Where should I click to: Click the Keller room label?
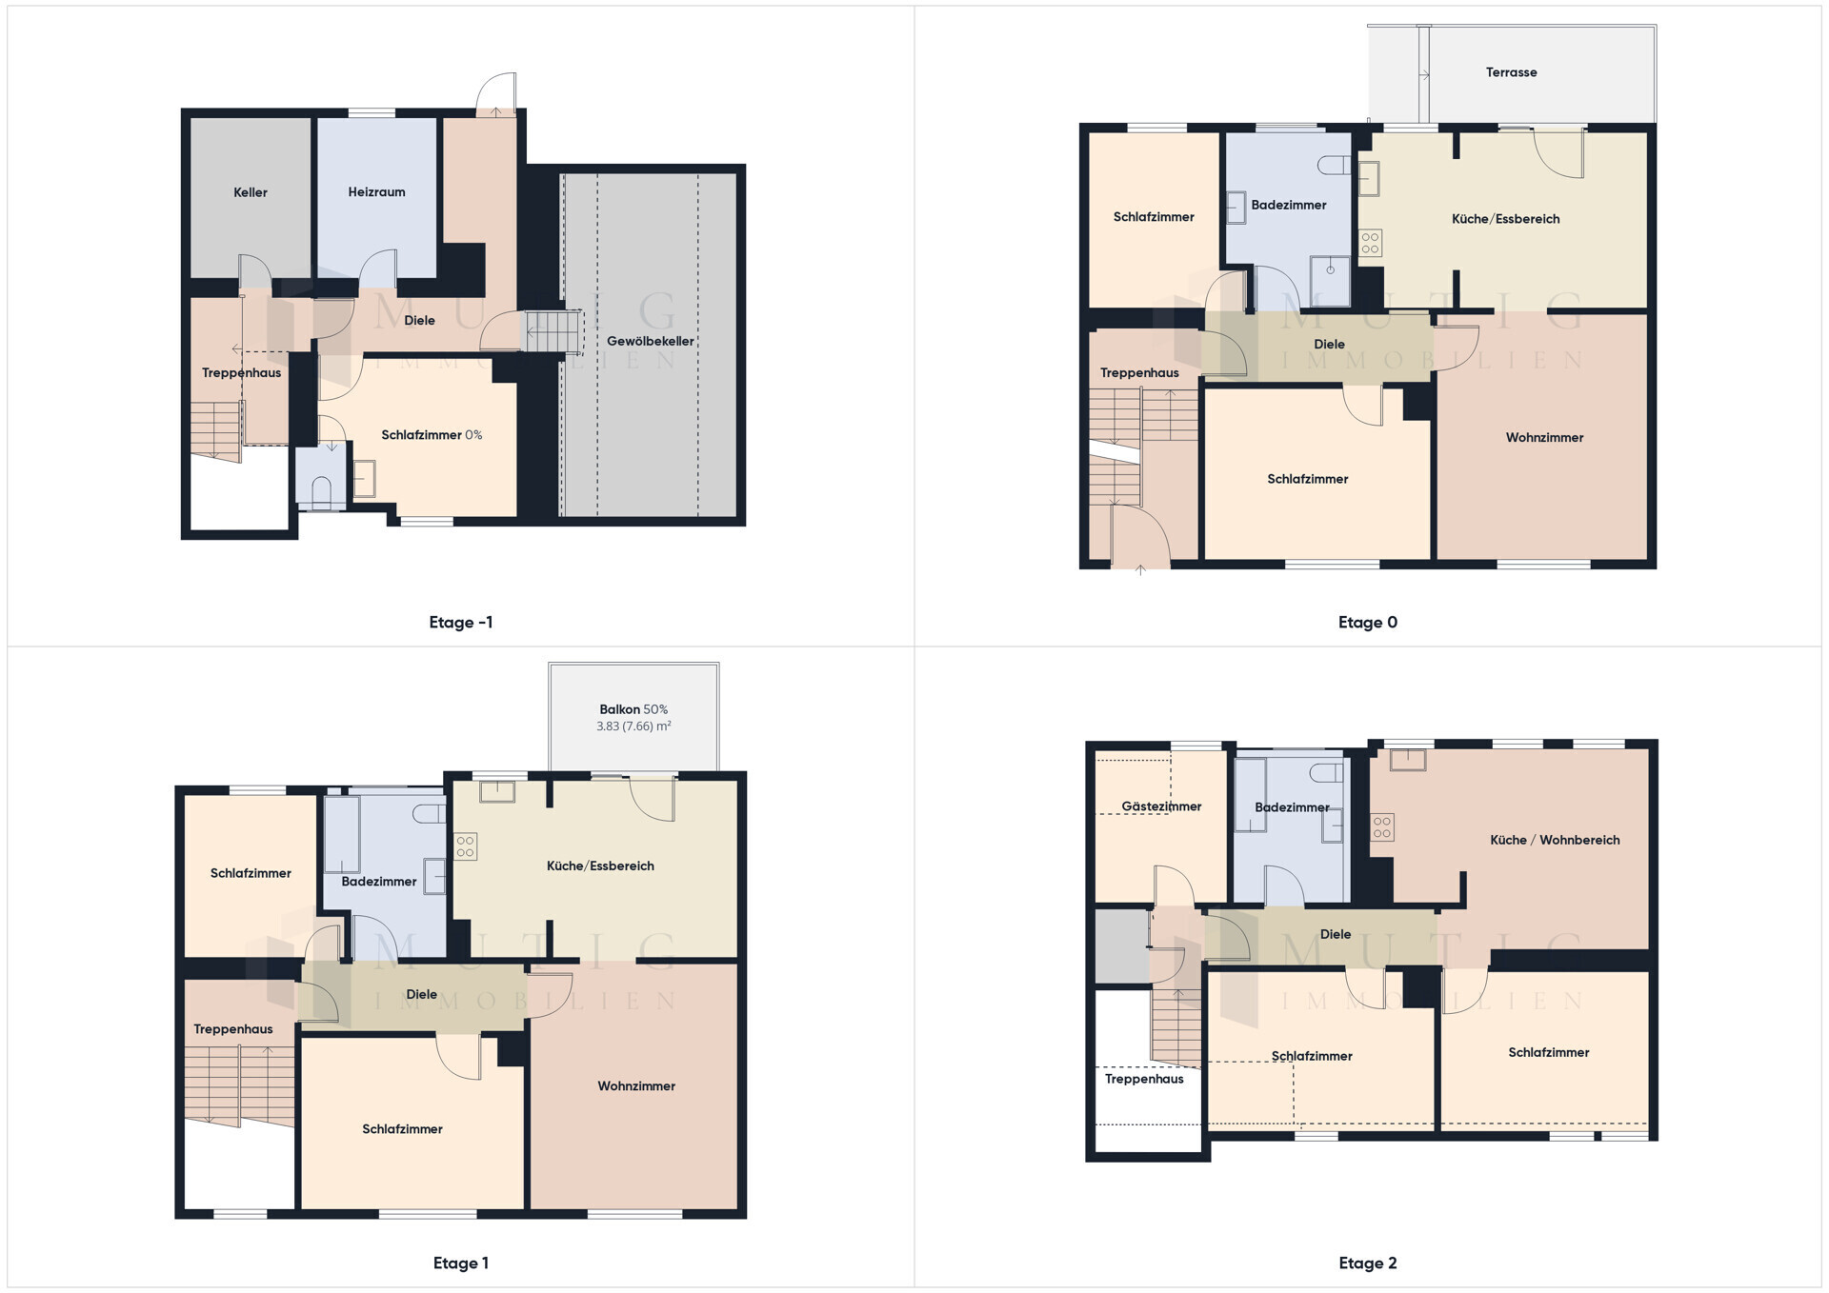251,192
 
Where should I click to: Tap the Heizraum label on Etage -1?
376,192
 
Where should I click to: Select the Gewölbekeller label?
651,341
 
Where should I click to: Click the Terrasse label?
1511,72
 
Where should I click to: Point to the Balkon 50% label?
633,709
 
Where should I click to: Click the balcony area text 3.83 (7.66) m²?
633,726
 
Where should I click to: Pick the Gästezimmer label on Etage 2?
1161,806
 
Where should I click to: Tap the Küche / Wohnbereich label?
1555,840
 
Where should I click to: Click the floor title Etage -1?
461,623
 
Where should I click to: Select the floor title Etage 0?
1368,623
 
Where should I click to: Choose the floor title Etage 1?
461,1263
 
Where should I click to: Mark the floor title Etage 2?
1368,1263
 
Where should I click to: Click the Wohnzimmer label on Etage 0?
1544,438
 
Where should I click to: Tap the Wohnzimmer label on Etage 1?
636,1086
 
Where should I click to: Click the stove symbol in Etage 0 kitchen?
1370,243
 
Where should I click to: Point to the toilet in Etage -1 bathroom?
321,491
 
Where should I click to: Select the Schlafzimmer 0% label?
432,435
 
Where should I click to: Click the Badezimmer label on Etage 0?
1289,205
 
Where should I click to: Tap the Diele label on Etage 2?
1336,934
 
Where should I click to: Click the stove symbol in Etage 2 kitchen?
1382,827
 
